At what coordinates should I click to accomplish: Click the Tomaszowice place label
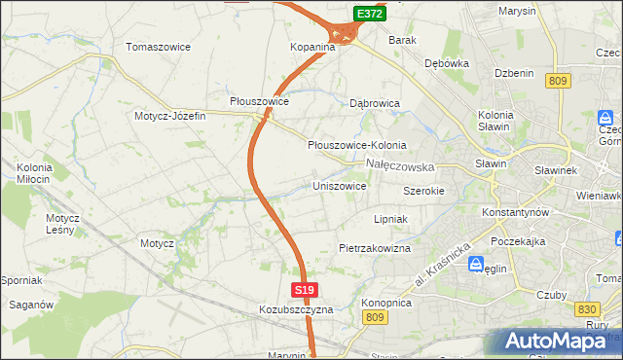[x=158, y=47]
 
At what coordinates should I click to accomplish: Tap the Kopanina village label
[x=312, y=47]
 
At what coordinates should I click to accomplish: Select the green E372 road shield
[x=369, y=14]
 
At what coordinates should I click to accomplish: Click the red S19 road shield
[x=304, y=290]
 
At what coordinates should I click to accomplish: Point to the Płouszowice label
[x=259, y=101]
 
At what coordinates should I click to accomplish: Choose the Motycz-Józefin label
[x=170, y=116]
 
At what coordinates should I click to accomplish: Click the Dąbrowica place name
[x=375, y=102]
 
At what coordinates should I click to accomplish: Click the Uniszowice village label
[x=339, y=186]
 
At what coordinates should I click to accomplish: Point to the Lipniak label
[x=389, y=220]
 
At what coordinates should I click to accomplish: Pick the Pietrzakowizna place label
[x=375, y=249]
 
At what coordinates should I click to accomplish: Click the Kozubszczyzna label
[x=296, y=309]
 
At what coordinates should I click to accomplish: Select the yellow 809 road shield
[x=557, y=82]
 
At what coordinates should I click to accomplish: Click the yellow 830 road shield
[x=586, y=308]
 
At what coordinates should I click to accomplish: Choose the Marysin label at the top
[x=517, y=11]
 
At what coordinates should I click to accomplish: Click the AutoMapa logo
[x=559, y=341]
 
